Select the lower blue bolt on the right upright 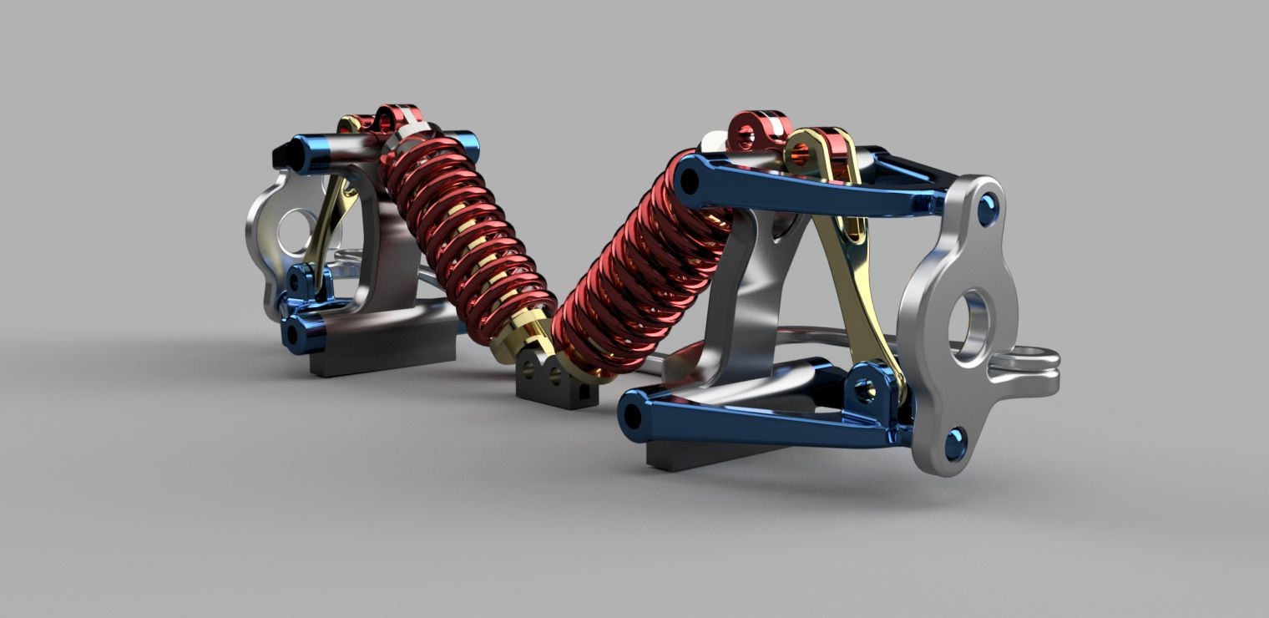click(955, 443)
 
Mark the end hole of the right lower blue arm click(633, 413)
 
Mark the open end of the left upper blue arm click(281, 154)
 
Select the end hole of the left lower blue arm click(293, 335)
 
